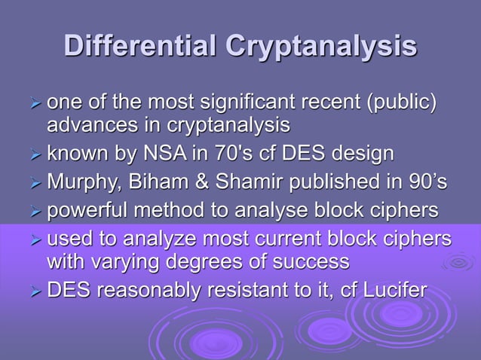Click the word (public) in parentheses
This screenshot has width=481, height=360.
click(x=395, y=102)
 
